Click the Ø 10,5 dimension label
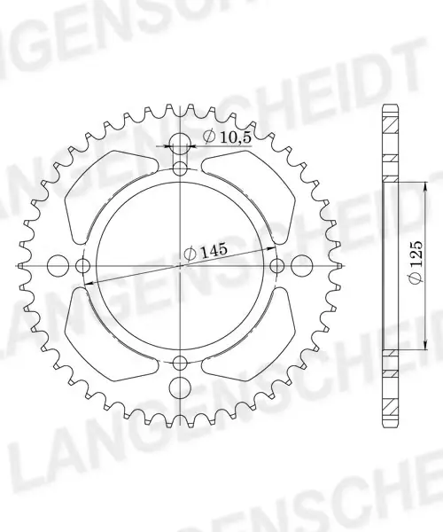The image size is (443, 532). [x=227, y=137]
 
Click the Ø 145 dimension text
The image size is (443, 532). [x=205, y=252]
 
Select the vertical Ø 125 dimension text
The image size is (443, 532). [x=416, y=262]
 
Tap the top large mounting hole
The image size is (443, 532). [x=180, y=142]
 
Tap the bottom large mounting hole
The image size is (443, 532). [x=179, y=387]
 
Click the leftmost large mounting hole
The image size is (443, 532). [x=57, y=265]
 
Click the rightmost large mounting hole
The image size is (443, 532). [x=301, y=265]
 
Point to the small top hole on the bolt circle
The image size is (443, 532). [x=180, y=168]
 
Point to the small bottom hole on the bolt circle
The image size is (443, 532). [x=180, y=363]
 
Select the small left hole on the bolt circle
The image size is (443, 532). [x=82, y=265]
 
